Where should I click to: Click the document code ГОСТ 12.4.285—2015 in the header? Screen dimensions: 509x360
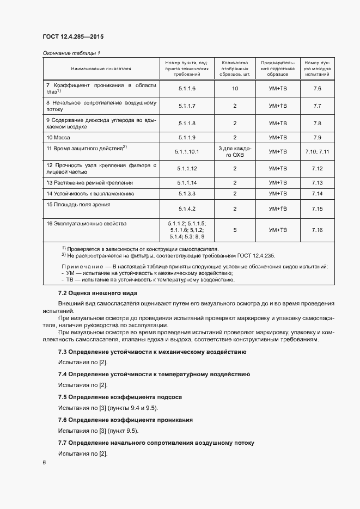coord(72,37)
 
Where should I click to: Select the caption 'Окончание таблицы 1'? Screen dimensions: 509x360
coord(71,53)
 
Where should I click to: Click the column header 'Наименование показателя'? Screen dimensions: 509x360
coord(101,69)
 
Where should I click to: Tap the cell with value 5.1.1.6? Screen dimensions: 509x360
coord(187,88)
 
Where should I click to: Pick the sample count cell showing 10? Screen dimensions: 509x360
coord(235,88)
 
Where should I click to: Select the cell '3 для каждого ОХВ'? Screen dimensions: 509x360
coord(235,151)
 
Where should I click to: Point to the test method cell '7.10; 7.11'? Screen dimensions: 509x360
coord(318,151)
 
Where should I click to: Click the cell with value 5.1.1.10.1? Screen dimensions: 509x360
coord(187,151)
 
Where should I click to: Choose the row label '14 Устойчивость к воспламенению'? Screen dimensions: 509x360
coord(90,193)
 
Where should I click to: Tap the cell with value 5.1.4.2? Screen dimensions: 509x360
coord(187,208)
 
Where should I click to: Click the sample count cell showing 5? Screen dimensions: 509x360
coord(235,230)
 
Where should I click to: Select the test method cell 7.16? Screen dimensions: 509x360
coord(318,230)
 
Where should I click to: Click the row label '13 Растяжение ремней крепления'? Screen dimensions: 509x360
coord(89,182)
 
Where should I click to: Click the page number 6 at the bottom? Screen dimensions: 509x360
coord(44,463)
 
